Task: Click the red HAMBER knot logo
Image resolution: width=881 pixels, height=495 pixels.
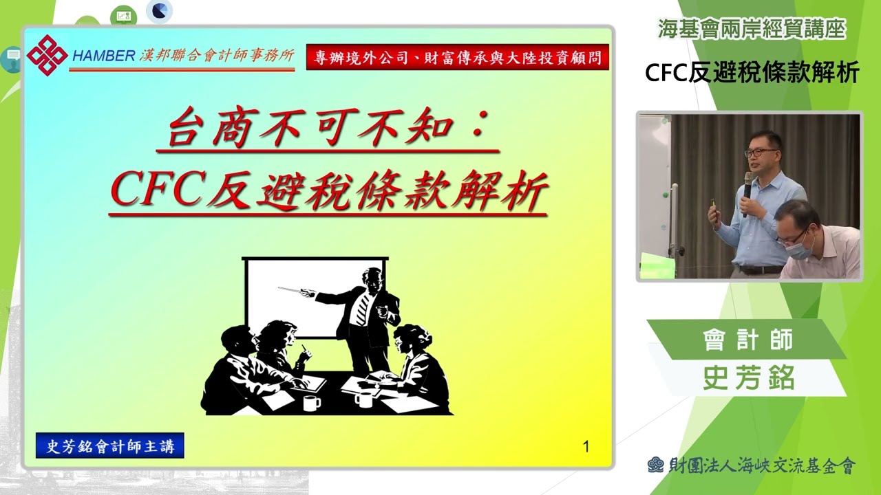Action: (x=47, y=55)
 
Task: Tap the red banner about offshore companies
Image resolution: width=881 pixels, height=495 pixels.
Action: (x=458, y=58)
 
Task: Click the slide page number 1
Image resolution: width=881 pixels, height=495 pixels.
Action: (x=586, y=447)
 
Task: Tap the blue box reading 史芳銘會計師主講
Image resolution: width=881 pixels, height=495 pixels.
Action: (x=110, y=446)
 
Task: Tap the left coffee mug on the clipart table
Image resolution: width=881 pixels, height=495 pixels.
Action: (x=312, y=401)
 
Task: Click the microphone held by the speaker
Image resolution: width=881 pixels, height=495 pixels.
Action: (x=747, y=192)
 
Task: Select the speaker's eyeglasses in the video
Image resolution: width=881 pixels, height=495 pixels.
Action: (x=761, y=152)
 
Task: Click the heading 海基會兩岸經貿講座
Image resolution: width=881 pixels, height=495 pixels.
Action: (x=751, y=29)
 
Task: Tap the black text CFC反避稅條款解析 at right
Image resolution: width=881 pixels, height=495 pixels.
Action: (x=752, y=73)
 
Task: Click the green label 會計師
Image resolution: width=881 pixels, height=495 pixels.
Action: (x=747, y=340)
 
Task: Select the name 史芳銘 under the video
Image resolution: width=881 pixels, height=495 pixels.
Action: (x=749, y=378)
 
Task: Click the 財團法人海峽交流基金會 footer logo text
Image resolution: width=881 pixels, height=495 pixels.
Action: (x=761, y=465)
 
